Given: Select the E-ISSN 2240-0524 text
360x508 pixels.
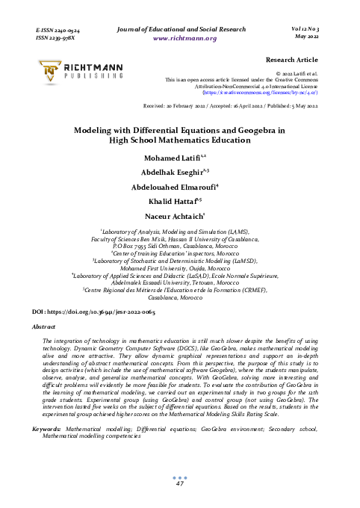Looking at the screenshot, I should tap(58, 28).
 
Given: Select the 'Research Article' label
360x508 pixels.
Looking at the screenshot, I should tap(292, 58).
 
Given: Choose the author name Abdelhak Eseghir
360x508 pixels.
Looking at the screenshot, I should tap(177, 172).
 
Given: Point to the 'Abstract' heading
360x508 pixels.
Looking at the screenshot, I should tap(48, 326).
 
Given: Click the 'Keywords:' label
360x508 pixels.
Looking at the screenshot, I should tap(47, 429).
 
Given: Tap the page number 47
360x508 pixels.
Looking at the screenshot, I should tap(179, 484).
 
